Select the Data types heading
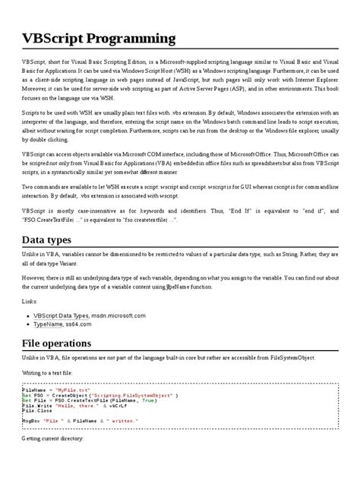47,240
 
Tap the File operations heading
59,343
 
